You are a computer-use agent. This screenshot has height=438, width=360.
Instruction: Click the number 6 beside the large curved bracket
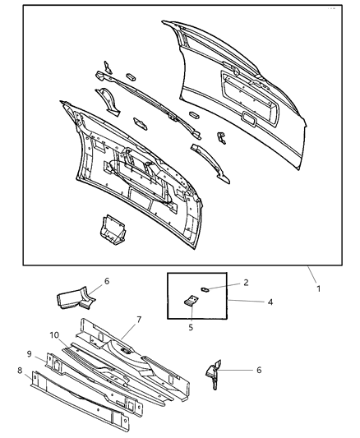click(106, 280)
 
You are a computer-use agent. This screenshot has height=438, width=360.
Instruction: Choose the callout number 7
click(140, 320)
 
